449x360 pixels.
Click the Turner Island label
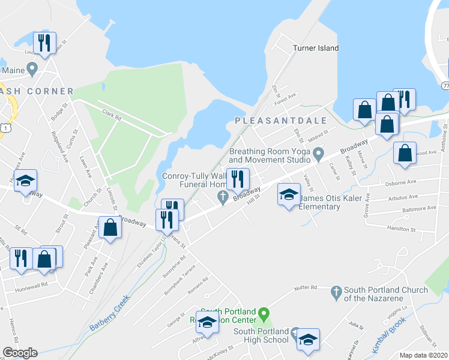(316, 48)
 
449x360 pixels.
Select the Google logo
(20, 353)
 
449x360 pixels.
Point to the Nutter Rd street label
(305, 289)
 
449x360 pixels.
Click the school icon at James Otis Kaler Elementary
(289, 195)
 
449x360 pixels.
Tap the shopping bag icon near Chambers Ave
(110, 228)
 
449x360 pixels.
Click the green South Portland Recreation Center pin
(262, 313)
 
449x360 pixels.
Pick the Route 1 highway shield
(5, 128)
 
